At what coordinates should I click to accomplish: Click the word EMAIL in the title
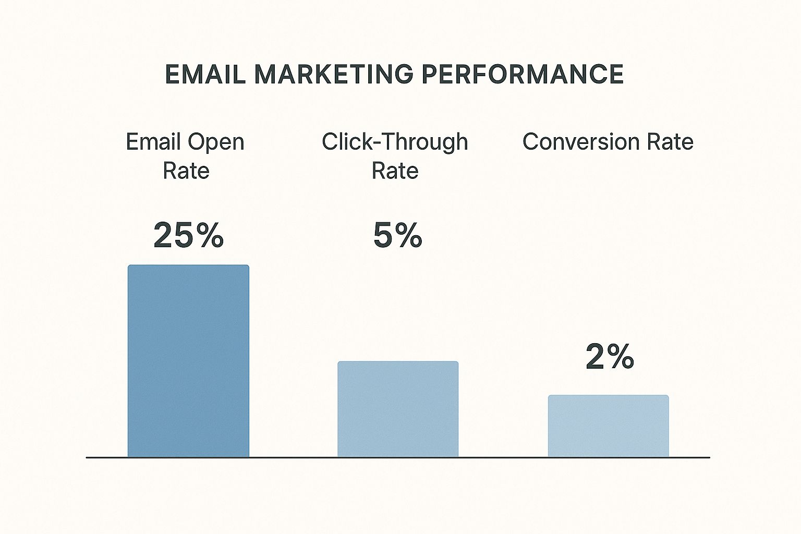(205, 74)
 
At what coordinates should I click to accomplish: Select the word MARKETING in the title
(334, 74)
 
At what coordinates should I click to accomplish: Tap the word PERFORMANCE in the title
(523, 74)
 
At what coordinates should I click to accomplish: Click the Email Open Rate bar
(188, 361)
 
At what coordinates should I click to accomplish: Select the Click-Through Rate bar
(398, 409)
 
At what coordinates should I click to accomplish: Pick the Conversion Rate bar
(608, 426)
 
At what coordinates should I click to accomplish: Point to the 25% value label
(188, 235)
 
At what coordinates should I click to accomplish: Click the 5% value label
(398, 235)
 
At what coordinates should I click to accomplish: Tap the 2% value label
(610, 356)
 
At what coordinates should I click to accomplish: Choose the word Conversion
(581, 142)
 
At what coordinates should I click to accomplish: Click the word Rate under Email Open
(186, 171)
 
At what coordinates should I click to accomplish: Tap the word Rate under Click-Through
(395, 171)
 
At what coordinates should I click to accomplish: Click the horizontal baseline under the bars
(398, 457)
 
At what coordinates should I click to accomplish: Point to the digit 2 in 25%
(164, 235)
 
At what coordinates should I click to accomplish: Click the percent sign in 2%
(621, 356)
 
